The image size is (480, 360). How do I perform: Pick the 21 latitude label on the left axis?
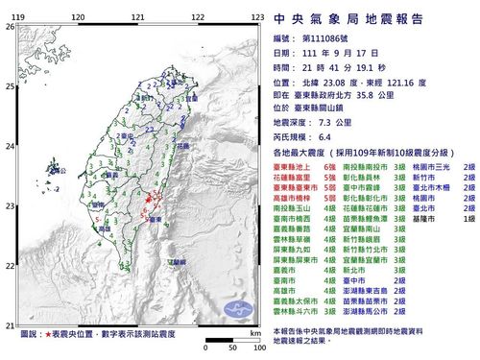click(11, 324)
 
